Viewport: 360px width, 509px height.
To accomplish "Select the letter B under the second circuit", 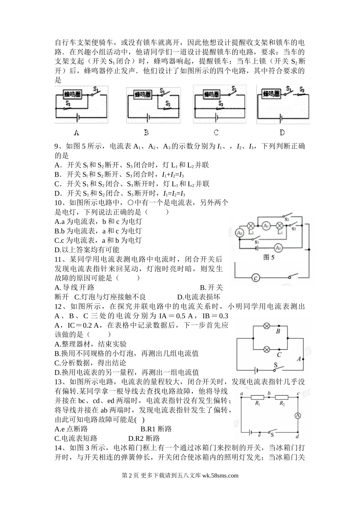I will [x=146, y=133].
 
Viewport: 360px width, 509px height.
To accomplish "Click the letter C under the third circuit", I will [x=216, y=133].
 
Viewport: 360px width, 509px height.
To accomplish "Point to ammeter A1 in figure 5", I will [x=266, y=225].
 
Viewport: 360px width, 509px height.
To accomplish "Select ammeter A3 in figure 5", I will [x=278, y=248].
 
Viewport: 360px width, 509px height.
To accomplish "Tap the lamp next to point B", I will [x=267, y=326].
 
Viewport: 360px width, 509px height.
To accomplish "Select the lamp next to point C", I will [x=267, y=348].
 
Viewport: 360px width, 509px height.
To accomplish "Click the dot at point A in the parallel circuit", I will [x=303, y=358].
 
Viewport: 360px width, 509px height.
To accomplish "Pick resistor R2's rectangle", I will [x=282, y=397].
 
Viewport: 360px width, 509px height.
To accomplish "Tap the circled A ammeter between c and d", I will [x=298, y=415].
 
